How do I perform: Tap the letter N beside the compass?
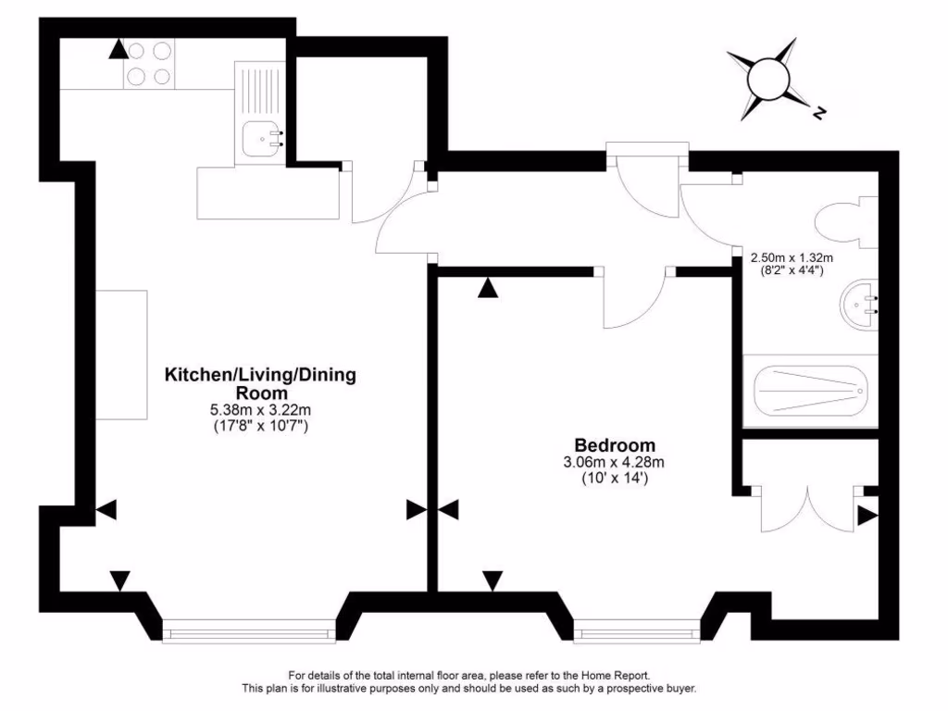819,114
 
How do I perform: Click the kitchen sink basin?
260,139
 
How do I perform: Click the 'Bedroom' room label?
615,445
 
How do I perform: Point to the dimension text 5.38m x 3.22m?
260,409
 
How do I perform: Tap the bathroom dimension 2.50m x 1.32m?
792,257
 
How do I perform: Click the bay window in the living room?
247,633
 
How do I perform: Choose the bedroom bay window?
637,633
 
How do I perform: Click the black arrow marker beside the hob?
118,49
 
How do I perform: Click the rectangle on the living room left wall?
121,355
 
